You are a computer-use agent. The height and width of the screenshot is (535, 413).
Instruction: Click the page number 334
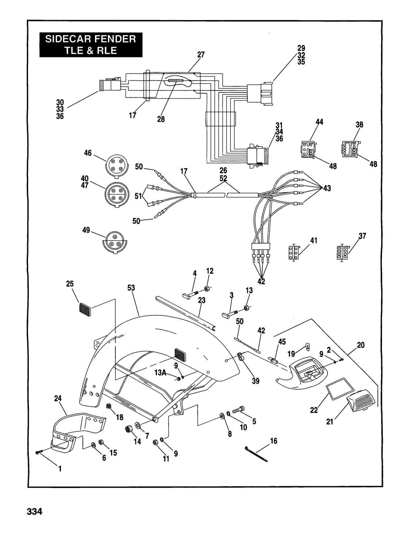[34, 511]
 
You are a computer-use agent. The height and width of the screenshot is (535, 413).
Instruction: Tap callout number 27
[201, 55]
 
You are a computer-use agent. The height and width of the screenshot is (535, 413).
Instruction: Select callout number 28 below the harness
[161, 119]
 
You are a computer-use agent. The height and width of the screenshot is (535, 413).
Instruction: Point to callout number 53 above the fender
[131, 288]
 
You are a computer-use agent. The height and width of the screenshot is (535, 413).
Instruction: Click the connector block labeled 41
[294, 253]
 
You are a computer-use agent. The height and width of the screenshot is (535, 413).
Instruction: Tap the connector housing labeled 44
[309, 150]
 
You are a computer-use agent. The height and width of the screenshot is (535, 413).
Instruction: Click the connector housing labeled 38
[351, 149]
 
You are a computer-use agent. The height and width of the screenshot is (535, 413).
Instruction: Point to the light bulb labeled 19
[307, 346]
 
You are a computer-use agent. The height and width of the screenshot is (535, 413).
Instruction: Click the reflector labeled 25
[85, 309]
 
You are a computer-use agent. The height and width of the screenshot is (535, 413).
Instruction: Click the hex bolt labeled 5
[238, 410]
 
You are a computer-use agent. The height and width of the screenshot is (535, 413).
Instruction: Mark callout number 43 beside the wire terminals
[327, 188]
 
